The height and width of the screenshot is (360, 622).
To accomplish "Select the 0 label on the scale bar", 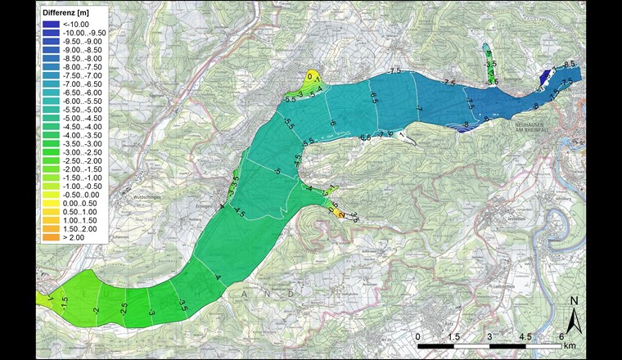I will [x=418, y=337].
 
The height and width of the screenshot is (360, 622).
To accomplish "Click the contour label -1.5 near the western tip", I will [x=64, y=303].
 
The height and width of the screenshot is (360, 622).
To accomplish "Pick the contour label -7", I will [x=418, y=108].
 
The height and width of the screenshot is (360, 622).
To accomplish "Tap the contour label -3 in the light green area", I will [x=152, y=313].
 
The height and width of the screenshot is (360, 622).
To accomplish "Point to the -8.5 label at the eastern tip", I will [x=570, y=64].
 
